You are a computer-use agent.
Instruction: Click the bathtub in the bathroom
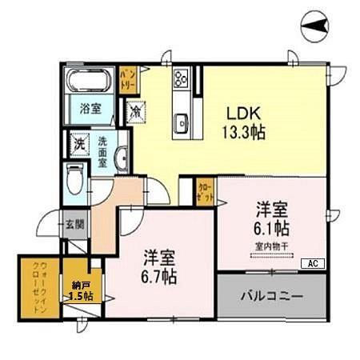(87, 82)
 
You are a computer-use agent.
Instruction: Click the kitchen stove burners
(181, 78)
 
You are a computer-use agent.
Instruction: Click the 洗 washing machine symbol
(80, 145)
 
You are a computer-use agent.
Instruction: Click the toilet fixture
(75, 178)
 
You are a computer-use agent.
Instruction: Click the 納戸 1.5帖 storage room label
(80, 290)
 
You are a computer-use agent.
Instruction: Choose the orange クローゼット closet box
(205, 192)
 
